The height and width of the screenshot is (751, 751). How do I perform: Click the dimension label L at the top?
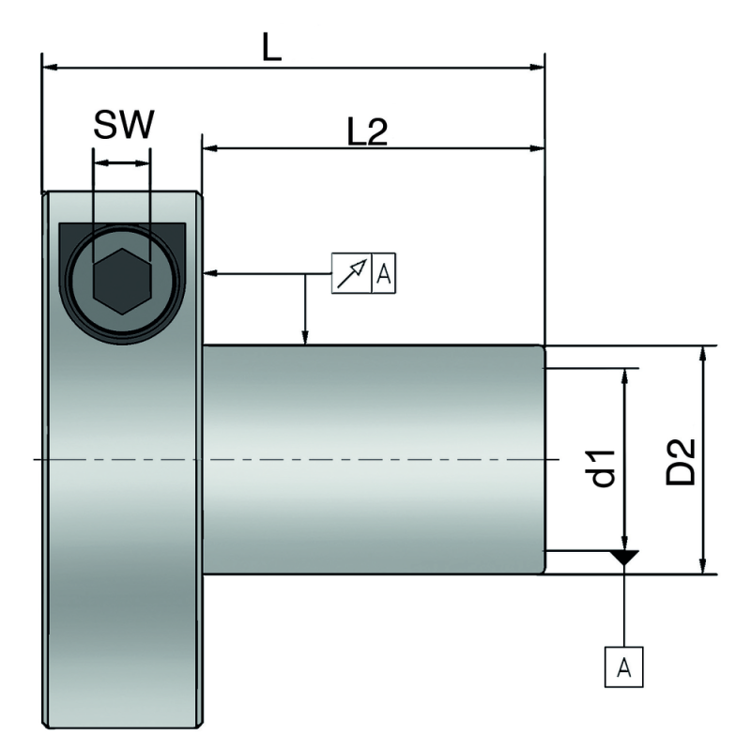[x=271, y=50]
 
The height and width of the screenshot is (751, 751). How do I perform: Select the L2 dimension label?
[x=367, y=132]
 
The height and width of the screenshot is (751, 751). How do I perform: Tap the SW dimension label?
[x=122, y=124]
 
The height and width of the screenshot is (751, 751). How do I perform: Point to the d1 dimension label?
[x=604, y=467]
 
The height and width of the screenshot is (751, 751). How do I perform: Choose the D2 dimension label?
[x=682, y=461]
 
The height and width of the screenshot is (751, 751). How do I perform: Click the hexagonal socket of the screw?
[x=121, y=282]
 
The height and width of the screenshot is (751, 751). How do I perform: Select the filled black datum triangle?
[x=624, y=558]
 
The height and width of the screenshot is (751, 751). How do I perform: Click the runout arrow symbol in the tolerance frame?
[x=352, y=273]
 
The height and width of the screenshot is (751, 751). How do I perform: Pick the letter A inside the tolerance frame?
[x=383, y=274]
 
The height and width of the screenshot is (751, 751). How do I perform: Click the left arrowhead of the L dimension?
[x=51, y=68]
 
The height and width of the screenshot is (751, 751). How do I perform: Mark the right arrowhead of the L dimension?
[x=536, y=68]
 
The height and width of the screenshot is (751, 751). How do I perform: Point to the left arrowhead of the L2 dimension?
[x=211, y=147]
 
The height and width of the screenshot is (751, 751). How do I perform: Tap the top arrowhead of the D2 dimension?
[x=702, y=354]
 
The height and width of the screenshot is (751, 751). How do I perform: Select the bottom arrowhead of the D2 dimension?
[x=702, y=565]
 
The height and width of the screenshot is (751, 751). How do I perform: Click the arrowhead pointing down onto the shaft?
[x=305, y=338]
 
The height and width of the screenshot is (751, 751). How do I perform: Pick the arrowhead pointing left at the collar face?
[x=210, y=273]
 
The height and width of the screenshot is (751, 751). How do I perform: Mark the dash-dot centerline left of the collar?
[x=38, y=459]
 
